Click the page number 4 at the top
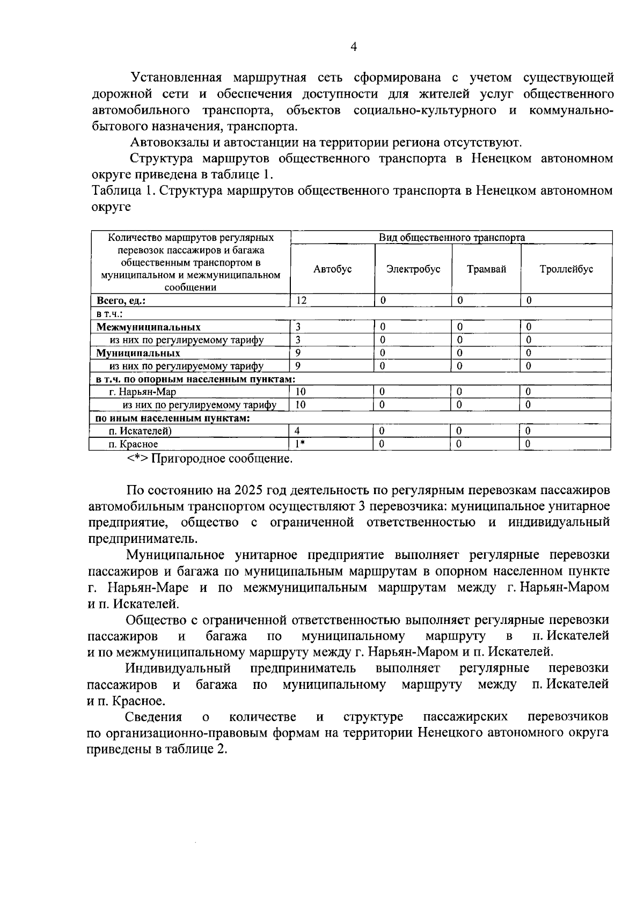354,47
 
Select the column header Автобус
332,269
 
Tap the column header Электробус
413,269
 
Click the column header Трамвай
486,269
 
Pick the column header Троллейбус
566,269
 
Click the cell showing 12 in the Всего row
302,301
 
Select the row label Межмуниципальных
149,327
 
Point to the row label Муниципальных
138,353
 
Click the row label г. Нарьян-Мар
142,392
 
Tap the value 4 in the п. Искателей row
297,431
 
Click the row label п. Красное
133,444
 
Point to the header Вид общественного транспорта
451,238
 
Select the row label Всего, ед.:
121,301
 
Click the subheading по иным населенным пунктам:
172,418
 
